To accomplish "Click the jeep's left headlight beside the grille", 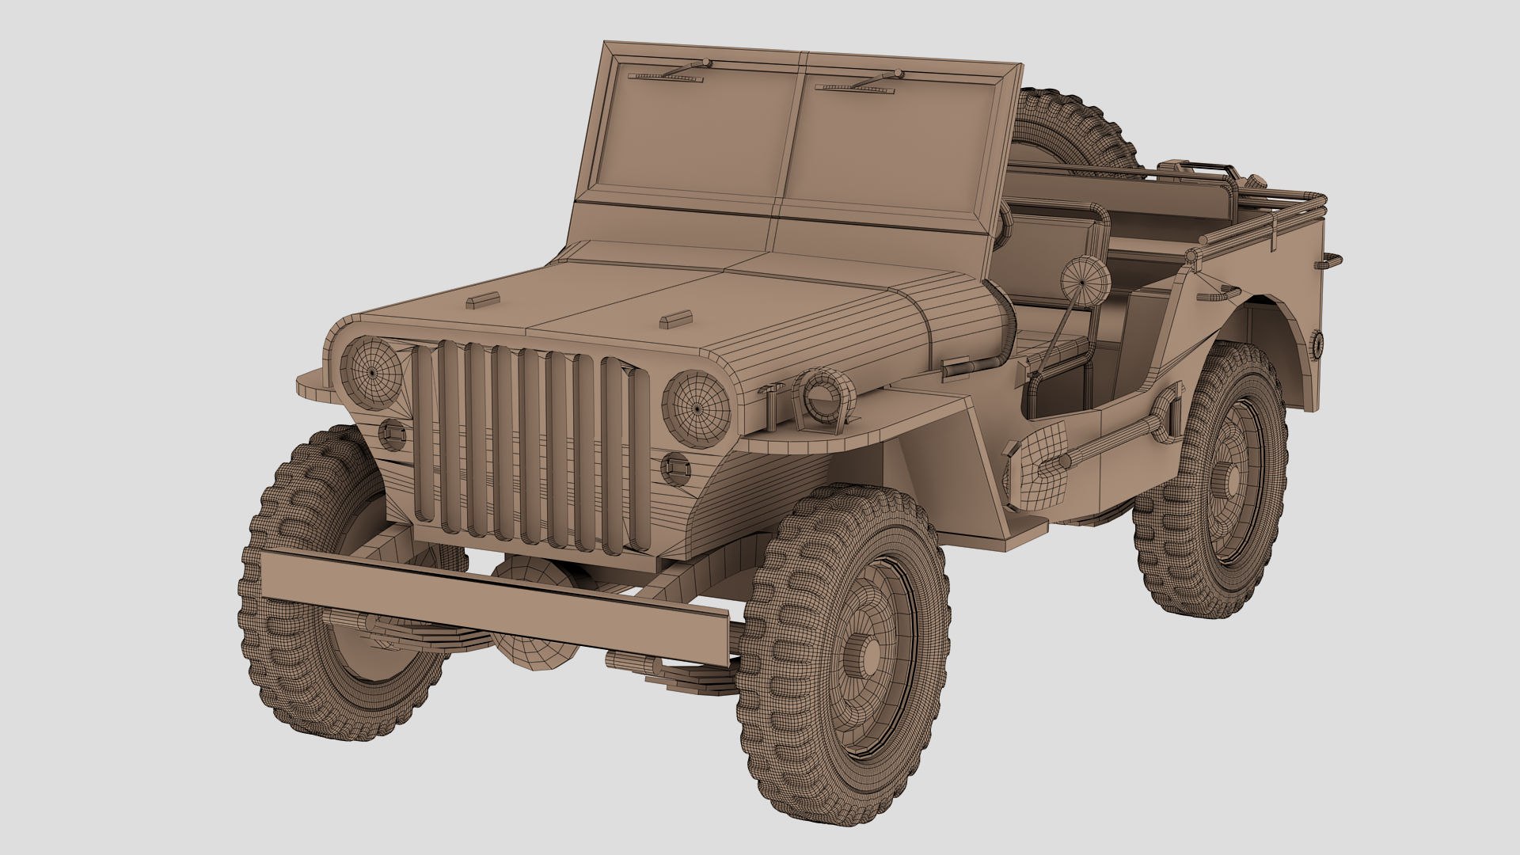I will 371,370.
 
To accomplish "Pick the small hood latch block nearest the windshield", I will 483,300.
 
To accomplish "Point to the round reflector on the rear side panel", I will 1317,343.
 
